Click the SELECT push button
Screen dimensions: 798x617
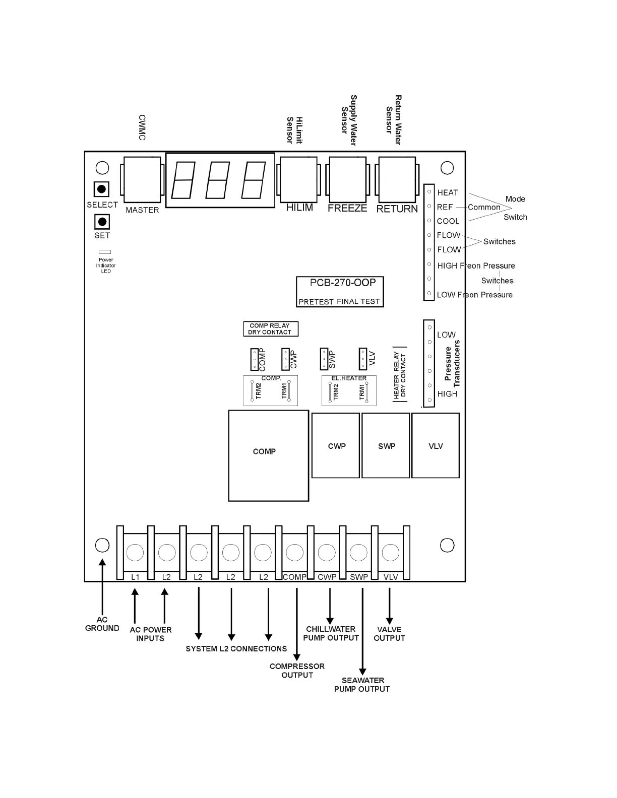click(x=101, y=189)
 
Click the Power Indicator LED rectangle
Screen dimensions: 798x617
click(x=105, y=252)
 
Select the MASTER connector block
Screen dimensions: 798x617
click(x=142, y=180)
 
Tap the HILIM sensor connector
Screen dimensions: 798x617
click(x=298, y=180)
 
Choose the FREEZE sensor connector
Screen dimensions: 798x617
click(x=347, y=180)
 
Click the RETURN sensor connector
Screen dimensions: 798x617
click(x=397, y=180)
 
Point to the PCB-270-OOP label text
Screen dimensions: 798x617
click(x=343, y=283)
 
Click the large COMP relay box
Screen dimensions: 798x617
click(x=268, y=455)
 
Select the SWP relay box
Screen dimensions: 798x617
click(x=386, y=445)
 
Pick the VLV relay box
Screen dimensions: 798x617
click(x=436, y=445)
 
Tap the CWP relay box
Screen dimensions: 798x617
click(x=336, y=445)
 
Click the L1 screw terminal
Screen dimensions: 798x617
click(x=135, y=553)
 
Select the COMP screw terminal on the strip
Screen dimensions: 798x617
click(x=294, y=553)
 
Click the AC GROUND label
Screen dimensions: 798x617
click(x=102, y=624)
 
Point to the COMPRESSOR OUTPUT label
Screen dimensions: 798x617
click(x=297, y=671)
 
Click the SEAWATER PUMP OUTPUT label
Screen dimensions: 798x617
click(x=362, y=685)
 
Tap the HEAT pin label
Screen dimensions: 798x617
click(x=448, y=193)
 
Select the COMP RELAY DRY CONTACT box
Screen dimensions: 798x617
click(x=270, y=329)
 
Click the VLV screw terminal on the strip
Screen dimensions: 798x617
click(x=391, y=553)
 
